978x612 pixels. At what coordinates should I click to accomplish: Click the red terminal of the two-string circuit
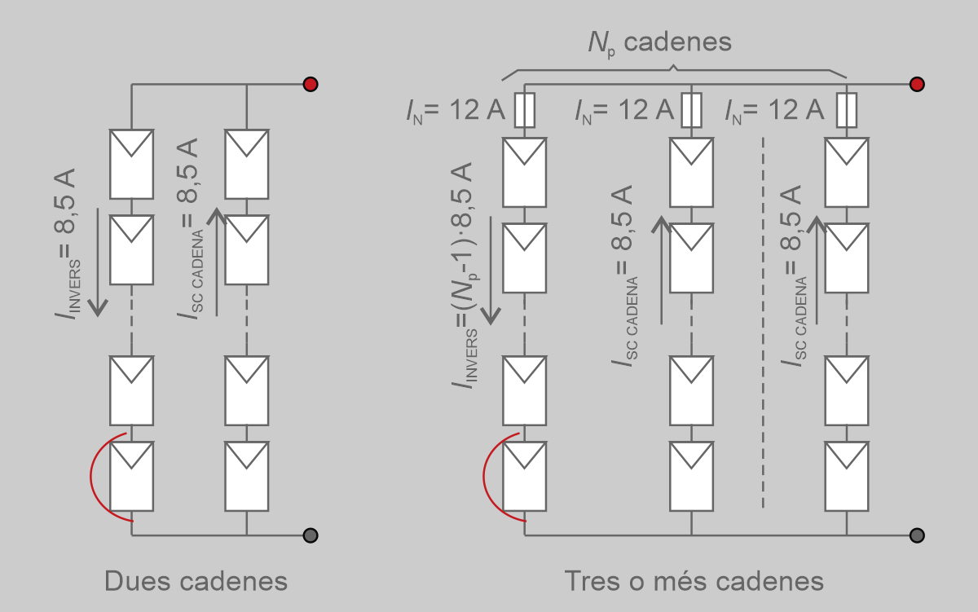[311, 84]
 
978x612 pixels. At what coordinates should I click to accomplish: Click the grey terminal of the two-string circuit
[311, 535]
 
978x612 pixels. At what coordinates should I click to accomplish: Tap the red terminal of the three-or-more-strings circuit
[917, 84]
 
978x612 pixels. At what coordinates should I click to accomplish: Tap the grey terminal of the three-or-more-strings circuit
[917, 535]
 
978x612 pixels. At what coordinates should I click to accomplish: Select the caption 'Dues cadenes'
[196, 581]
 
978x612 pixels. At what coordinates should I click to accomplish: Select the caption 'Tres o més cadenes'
[694, 581]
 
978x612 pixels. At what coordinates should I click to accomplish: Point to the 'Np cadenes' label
[659, 43]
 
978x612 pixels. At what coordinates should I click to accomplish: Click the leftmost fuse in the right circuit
[524, 110]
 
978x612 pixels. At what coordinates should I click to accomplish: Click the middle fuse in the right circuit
[691, 110]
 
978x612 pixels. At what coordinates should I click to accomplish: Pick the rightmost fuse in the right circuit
[847, 110]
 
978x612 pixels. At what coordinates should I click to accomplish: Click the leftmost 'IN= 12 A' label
[456, 111]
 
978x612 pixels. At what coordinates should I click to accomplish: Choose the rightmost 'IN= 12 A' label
[774, 111]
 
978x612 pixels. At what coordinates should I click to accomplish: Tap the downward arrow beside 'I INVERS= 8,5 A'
[98, 262]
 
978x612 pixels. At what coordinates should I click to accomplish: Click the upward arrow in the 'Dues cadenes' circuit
[217, 261]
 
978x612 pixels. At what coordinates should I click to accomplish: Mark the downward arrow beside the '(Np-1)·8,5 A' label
[491, 271]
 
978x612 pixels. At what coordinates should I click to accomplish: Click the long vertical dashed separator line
[763, 323]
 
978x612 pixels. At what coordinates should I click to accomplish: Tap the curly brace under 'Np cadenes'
[674, 70]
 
